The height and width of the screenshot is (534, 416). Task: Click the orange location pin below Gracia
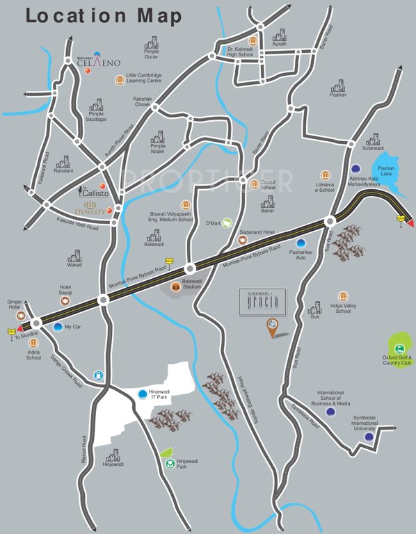[272, 325]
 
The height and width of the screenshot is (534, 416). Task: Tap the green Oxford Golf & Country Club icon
[399, 349]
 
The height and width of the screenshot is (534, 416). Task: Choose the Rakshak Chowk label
[143, 102]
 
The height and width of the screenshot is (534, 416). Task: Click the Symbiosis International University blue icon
[369, 437]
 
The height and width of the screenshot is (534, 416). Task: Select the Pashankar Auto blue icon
[301, 243]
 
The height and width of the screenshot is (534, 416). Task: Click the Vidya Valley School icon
[343, 297]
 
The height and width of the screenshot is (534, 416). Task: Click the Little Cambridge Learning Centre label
[144, 78]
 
